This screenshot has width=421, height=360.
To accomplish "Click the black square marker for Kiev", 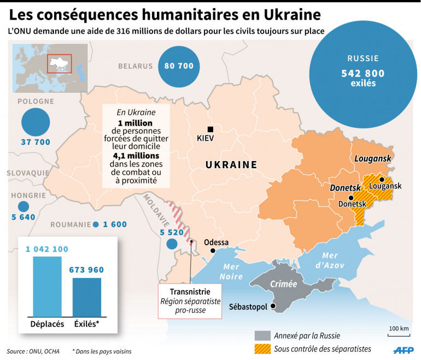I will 210,129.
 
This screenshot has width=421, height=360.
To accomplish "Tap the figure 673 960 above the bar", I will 86,270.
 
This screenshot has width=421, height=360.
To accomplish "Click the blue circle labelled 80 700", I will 179,66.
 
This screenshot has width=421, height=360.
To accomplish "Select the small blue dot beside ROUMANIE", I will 96,225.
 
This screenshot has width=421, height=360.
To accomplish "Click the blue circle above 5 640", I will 23,206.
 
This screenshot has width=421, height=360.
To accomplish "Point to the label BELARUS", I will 135,66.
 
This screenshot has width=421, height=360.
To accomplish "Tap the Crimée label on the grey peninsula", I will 283,284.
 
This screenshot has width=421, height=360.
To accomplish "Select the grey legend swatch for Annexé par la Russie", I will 262,335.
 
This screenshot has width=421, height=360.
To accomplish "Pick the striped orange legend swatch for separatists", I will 262,349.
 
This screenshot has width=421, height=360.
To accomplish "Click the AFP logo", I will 404,350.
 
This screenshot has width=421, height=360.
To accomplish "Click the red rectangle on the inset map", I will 60,63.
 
